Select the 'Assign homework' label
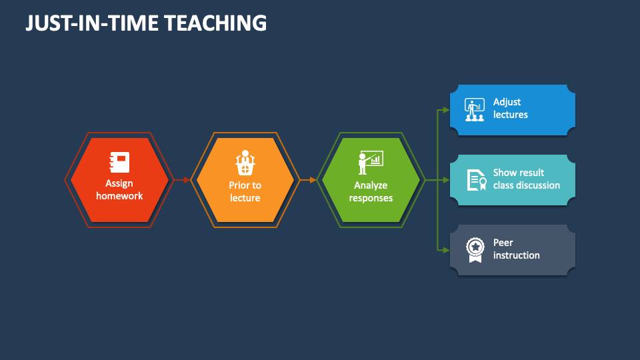point(119,189)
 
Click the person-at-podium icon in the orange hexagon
point(245,163)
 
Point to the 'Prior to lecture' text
point(245,191)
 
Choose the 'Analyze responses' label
point(371,191)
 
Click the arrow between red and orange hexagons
point(181,180)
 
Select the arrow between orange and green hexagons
point(307,180)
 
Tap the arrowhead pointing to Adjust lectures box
point(446,110)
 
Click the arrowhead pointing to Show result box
point(446,180)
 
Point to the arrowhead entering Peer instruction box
point(446,250)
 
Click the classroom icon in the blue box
point(475,110)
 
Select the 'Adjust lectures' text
point(510,109)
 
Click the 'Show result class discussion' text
point(526,179)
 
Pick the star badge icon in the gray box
point(475,250)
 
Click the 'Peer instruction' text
point(516,249)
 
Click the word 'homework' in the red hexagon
point(119,196)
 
